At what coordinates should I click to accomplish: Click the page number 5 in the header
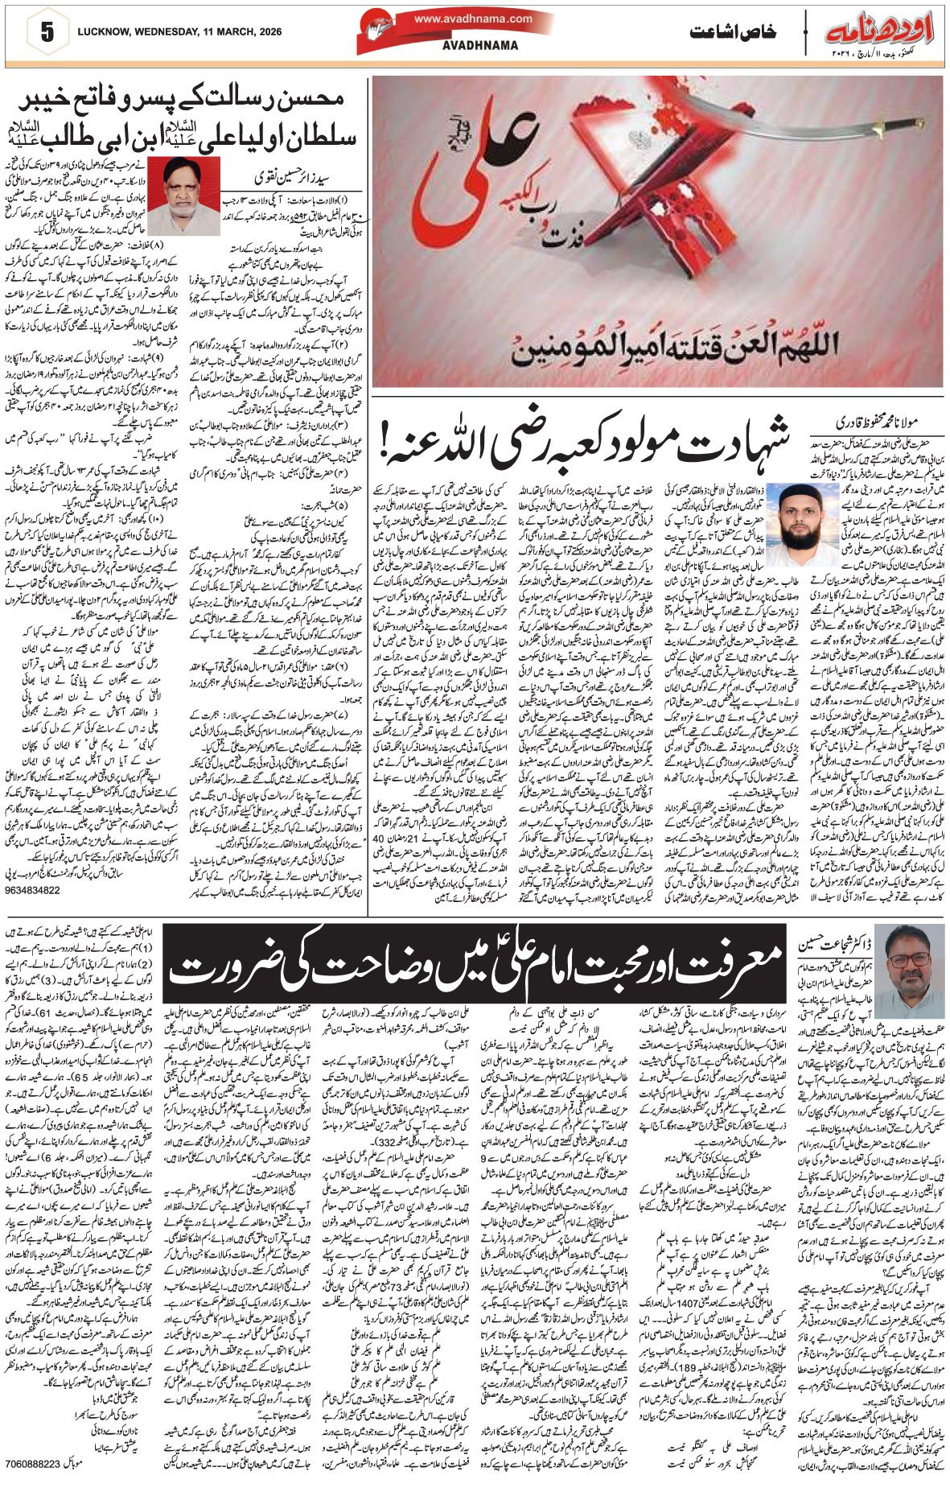click(45, 33)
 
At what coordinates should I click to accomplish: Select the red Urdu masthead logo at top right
click(878, 32)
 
